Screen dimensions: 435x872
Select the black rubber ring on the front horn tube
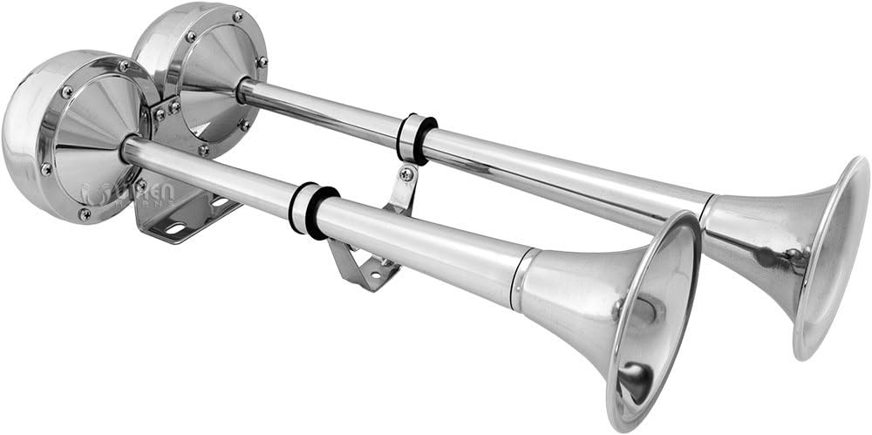(x=314, y=212)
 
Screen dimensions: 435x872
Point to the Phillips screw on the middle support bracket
(x=406, y=174)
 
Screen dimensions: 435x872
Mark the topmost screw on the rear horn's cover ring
(x=237, y=17)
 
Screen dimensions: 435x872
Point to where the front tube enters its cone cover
(x=127, y=148)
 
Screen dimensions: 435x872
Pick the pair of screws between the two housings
(x=167, y=109)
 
